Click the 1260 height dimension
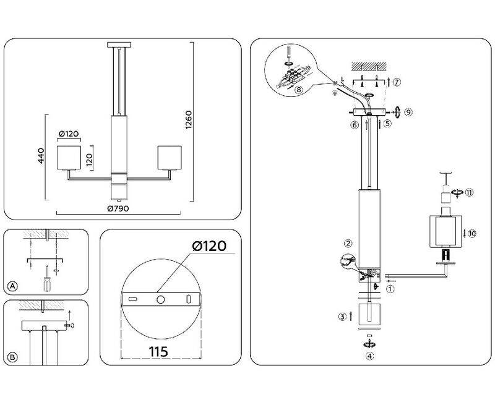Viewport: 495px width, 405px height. (190, 122)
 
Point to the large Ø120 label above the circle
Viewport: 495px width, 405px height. (209, 245)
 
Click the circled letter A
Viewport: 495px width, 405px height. (12, 286)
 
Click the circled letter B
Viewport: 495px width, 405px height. (12, 357)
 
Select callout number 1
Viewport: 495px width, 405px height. (390, 288)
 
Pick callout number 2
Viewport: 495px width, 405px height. (349, 244)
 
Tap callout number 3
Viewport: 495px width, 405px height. (342, 317)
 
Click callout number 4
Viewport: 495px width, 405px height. (370, 356)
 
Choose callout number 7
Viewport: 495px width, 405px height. (397, 82)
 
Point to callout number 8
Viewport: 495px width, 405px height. (299, 90)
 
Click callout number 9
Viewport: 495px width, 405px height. (408, 112)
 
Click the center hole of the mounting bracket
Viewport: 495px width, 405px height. (160, 299)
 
